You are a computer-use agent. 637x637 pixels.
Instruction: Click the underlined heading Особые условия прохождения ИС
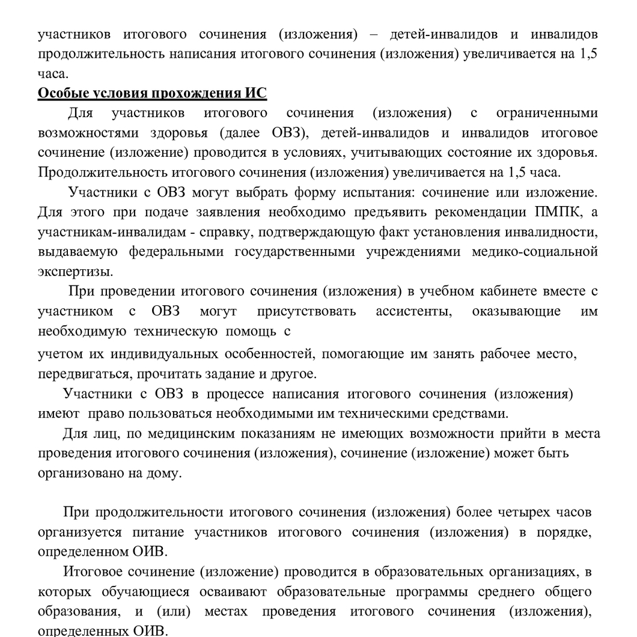152,94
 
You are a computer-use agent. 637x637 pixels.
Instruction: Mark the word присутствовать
306,311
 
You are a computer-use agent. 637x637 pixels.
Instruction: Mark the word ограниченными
547,113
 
